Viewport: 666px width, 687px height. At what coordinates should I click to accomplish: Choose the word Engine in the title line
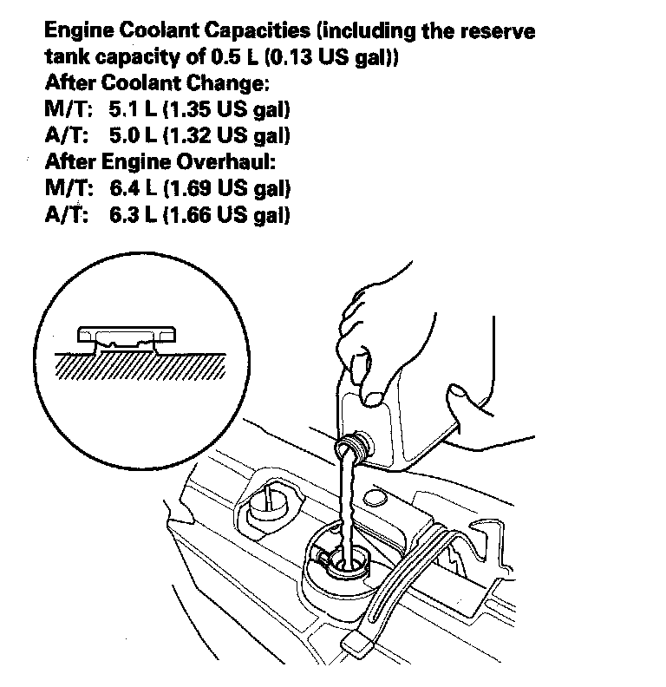(x=75, y=32)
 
